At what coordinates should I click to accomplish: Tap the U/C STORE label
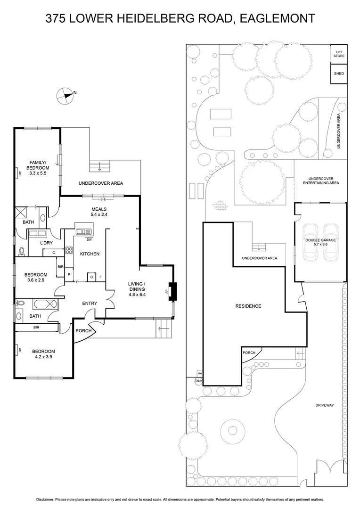point(339,54)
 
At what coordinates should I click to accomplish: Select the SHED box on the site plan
point(339,74)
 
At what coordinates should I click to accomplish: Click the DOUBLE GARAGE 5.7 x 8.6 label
point(320,242)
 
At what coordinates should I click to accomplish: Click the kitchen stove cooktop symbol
point(69,251)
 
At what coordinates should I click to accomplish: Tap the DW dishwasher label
point(89,240)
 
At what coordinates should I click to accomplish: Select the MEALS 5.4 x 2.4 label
point(99,212)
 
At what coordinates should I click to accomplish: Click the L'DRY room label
point(47,243)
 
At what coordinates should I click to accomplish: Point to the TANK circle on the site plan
point(198,381)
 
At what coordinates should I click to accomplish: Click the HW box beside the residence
point(200,373)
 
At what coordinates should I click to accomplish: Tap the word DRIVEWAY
point(325,405)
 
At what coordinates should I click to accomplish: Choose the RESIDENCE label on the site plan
point(248,306)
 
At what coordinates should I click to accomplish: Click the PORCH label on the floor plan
point(83,331)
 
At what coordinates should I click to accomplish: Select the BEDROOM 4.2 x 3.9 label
point(43,354)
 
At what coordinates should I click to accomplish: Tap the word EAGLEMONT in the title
point(277,18)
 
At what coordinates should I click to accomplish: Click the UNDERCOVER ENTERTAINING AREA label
point(321,181)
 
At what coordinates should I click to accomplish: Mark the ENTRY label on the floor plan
point(90,303)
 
